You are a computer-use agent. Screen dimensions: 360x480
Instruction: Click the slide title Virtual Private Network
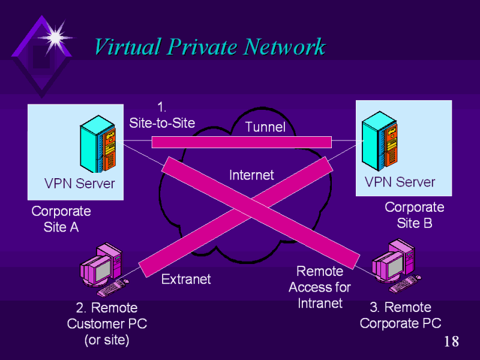209,46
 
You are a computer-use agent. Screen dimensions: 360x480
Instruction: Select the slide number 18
451,342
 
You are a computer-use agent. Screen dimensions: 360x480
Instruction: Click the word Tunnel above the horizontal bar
265,127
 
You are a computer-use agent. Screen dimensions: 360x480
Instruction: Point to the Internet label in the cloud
251,175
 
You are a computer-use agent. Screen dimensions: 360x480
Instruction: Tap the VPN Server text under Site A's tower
79,183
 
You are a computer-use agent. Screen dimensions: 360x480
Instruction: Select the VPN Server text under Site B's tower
400,182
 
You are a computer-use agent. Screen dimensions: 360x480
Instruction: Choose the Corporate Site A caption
61,219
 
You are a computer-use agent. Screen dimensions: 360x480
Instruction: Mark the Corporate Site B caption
414,215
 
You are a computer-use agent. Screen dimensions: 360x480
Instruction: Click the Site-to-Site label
162,122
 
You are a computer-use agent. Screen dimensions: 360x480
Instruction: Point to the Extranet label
186,279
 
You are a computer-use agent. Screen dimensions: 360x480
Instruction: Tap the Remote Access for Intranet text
320,287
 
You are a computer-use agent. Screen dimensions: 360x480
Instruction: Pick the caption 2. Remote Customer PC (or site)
107,324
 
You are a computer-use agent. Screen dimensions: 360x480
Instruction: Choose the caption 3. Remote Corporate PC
400,315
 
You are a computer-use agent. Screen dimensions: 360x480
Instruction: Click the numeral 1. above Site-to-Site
161,107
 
